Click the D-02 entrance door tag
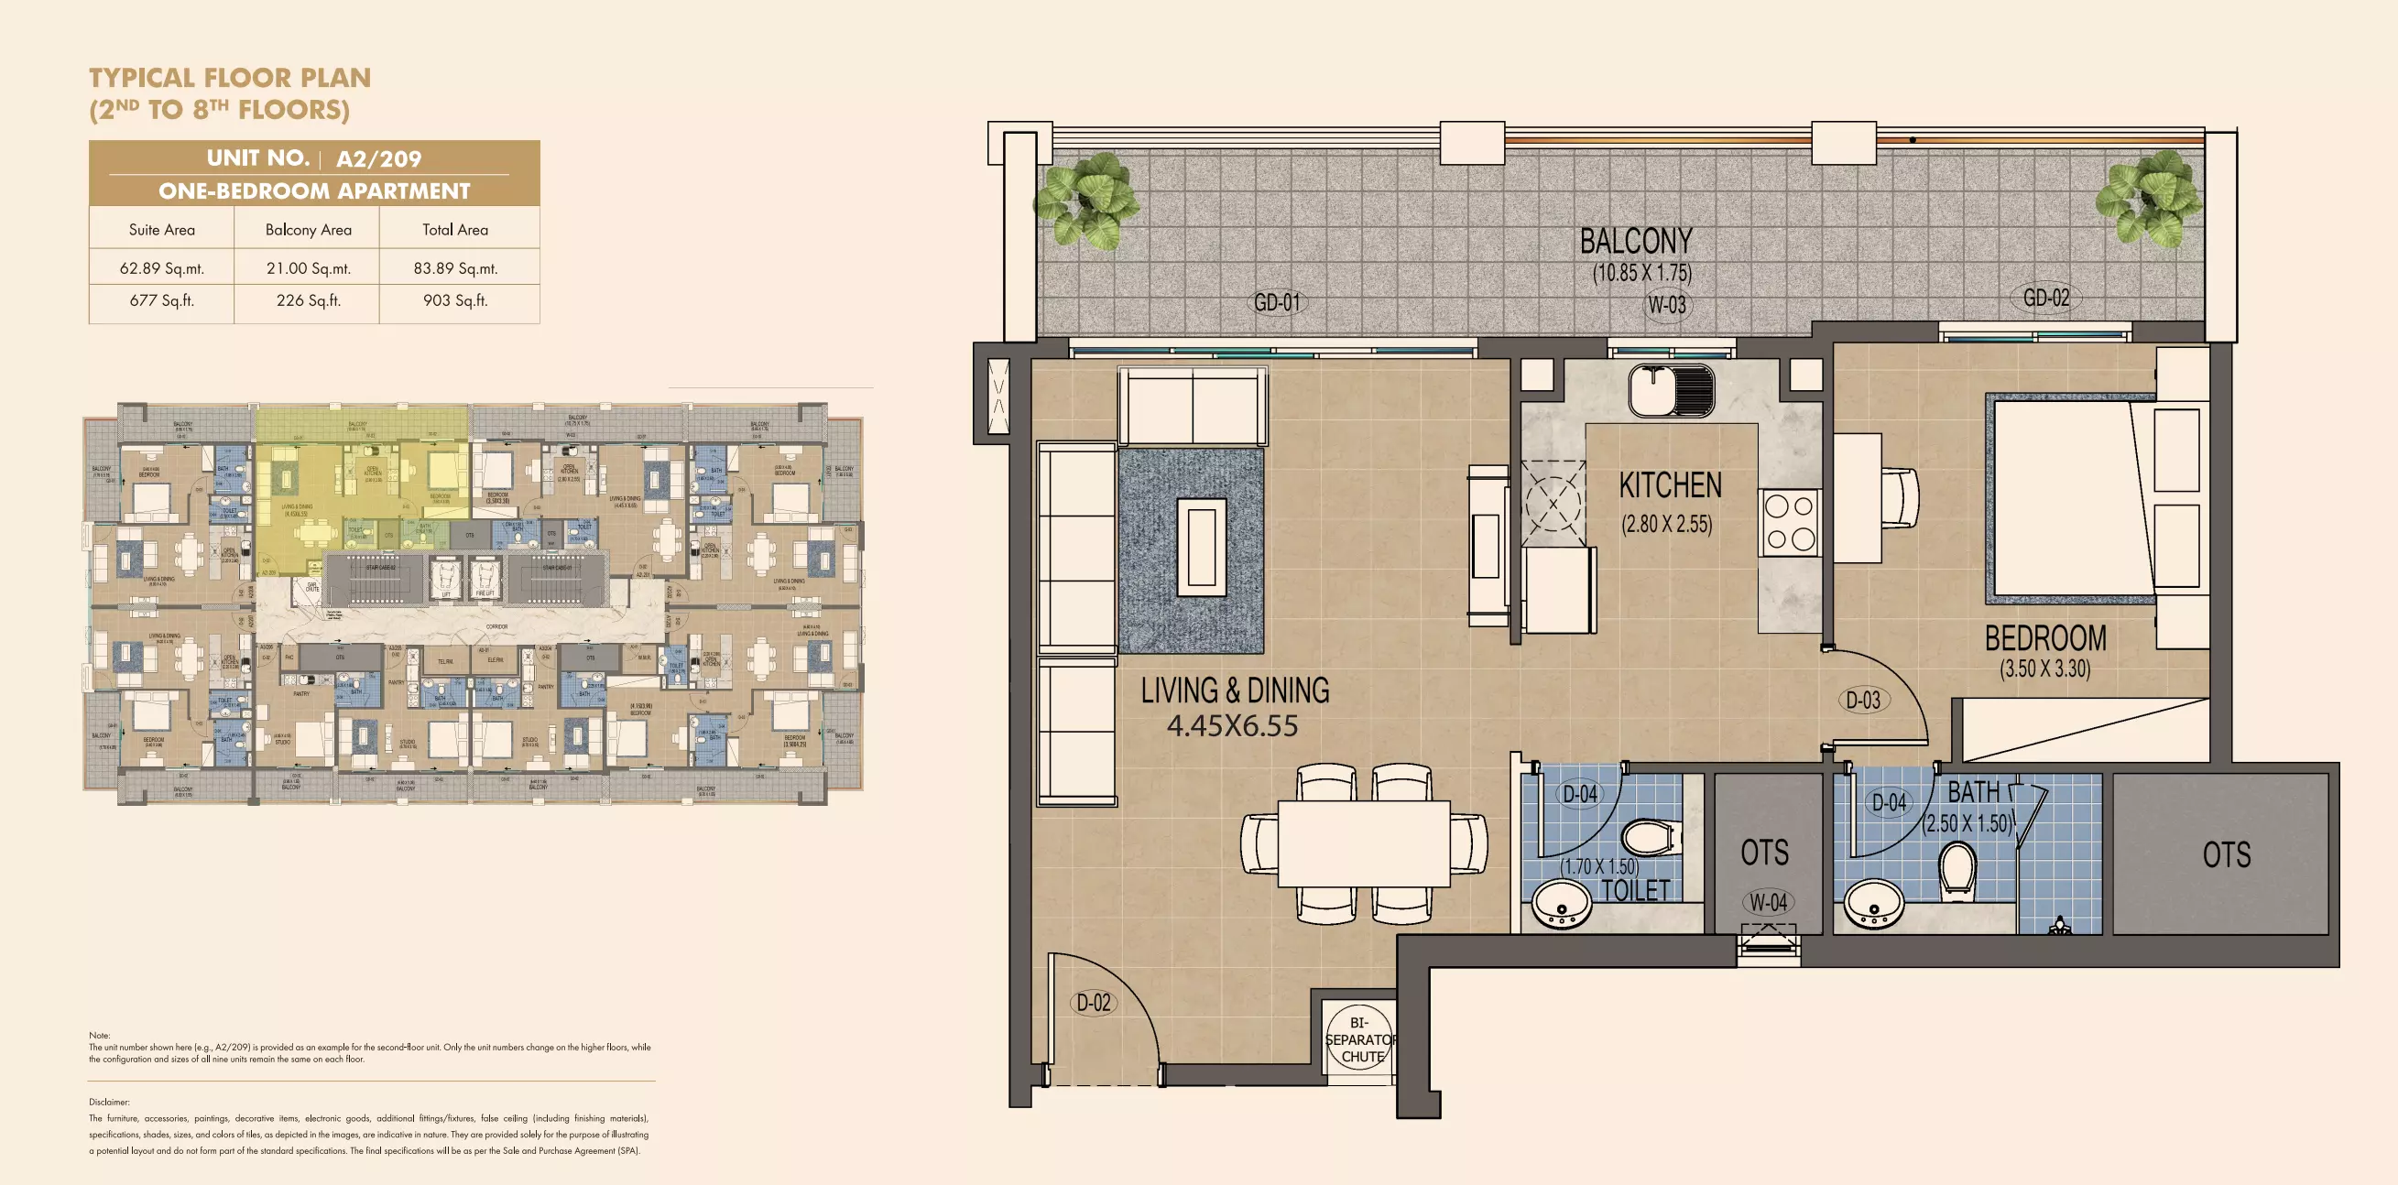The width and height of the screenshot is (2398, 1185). [1094, 1003]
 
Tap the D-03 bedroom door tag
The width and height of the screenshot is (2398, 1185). [1863, 700]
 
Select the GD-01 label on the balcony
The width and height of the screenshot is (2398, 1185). [1276, 302]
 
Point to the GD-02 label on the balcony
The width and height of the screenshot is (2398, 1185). [2046, 298]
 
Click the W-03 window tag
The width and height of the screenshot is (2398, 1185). [1666, 304]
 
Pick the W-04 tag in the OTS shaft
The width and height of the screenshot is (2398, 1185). [1767, 902]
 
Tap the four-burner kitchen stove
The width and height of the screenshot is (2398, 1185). [1789, 522]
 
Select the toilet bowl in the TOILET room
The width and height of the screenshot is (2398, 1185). [1651, 837]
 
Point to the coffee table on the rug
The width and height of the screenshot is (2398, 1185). [1201, 547]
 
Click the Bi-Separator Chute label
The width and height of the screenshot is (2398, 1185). [1361, 1039]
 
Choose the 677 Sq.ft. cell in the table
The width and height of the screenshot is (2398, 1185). [161, 300]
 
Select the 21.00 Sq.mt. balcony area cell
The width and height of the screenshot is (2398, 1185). [308, 268]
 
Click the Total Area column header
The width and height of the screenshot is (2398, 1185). [454, 230]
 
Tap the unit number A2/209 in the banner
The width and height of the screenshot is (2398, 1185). [378, 159]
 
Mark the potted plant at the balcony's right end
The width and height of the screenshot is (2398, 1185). [2149, 199]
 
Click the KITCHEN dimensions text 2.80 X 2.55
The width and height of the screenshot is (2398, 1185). [1666, 524]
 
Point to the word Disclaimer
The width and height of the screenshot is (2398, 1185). [109, 1102]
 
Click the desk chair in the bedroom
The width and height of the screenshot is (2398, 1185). [1899, 498]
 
